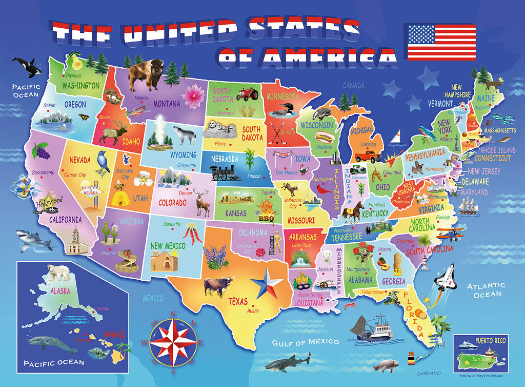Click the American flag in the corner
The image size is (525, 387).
click(441, 42)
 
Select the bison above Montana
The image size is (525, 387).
click(145, 74)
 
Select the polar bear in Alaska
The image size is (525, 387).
click(58, 272)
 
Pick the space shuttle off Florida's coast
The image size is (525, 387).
click(444, 280)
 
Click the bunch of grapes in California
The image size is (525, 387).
click(41, 150)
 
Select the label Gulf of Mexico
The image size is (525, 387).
click(305, 342)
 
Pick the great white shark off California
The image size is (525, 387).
click(34, 239)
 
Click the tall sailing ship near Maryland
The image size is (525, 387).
click(468, 204)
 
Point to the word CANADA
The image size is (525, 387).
click(353, 85)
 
